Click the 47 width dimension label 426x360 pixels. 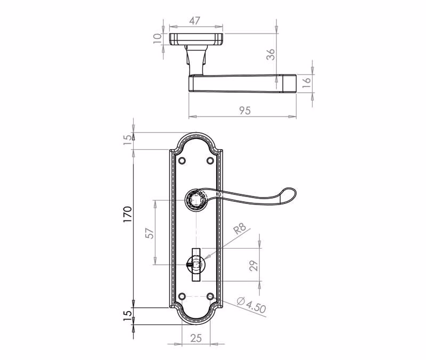[x=194, y=21]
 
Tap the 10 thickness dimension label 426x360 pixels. [x=157, y=38]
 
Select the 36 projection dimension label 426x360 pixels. [x=271, y=54]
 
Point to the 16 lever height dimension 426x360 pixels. [x=306, y=83]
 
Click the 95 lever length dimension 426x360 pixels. [x=245, y=111]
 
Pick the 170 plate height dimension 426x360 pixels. [x=127, y=215]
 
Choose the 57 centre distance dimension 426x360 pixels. [x=150, y=233]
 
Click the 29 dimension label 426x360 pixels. [x=253, y=266]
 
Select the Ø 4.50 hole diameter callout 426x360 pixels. [x=251, y=305]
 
